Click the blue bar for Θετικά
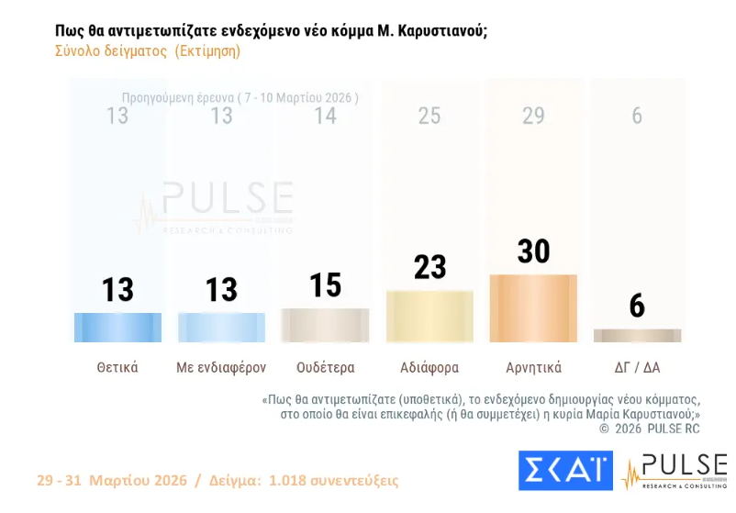click(117, 328)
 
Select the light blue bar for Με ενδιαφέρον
click(221, 328)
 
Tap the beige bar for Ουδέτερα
click(325, 325)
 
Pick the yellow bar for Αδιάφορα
click(429, 317)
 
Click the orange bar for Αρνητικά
click(533, 308)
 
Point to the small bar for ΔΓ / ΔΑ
click(637, 336)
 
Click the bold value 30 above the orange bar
click(533, 251)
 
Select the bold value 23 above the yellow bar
click(429, 267)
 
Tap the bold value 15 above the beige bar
click(325, 284)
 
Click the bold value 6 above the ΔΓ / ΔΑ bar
click(637, 307)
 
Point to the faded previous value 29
click(533, 117)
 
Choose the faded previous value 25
click(429, 117)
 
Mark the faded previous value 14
click(325, 117)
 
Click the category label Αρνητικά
click(533, 368)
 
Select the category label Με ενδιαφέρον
click(221, 368)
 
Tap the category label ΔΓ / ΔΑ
click(637, 368)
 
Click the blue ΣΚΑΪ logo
click(565, 470)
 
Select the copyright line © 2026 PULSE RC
click(650, 429)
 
